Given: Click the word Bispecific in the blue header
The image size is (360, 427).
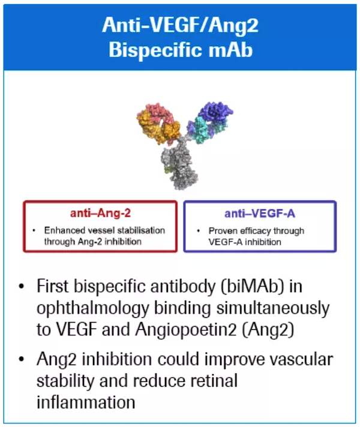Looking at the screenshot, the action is click(156, 50).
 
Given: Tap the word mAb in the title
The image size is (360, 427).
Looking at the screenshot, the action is click(231, 50).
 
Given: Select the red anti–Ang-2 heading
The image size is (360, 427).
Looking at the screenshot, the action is click(100, 213).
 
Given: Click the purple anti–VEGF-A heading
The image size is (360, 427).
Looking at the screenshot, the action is click(260, 214).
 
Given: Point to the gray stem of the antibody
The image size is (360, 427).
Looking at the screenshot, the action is click(179, 165).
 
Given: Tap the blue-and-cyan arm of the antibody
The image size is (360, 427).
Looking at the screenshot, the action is click(209, 122).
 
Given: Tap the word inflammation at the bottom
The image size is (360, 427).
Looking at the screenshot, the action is click(86, 402).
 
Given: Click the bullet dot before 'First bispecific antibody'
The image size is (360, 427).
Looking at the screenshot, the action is click(21, 286).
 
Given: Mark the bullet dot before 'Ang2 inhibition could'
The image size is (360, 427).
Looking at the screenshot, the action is click(21, 360).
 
